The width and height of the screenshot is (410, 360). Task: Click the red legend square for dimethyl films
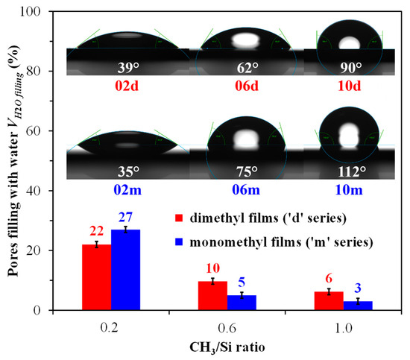point(180,218)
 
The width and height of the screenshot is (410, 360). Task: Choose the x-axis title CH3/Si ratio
point(232,347)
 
